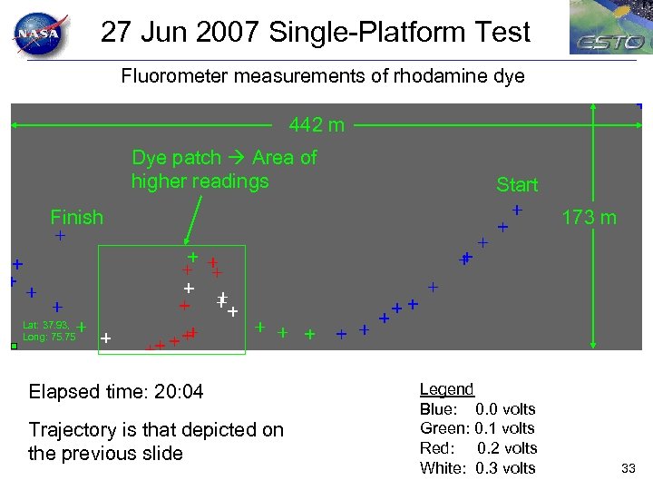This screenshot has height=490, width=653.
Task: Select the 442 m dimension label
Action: pyautogui.click(x=317, y=125)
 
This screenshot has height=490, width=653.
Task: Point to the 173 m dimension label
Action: pyautogui.click(x=589, y=218)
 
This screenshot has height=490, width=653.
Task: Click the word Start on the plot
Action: pyautogui.click(x=517, y=185)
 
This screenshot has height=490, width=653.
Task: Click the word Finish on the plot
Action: pyautogui.click(x=77, y=217)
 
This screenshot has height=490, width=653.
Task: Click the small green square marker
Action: pyautogui.click(x=14, y=346)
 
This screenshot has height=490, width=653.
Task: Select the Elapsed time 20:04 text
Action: pyautogui.click(x=116, y=392)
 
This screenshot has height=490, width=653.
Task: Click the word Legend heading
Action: pyautogui.click(x=446, y=389)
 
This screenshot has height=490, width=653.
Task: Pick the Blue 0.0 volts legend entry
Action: pyautogui.click(x=477, y=409)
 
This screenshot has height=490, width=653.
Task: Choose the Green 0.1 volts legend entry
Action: pyautogui.click(x=477, y=428)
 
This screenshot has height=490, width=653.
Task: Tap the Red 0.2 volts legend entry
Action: pyautogui.click(x=478, y=448)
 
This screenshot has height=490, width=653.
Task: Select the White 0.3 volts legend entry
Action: pyautogui.click(x=477, y=468)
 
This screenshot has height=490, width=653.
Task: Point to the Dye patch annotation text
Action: pyautogui.click(x=224, y=169)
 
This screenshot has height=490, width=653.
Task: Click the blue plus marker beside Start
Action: pyautogui.click(x=517, y=210)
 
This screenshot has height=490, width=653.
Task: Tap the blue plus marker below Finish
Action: pyautogui.click(x=60, y=236)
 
